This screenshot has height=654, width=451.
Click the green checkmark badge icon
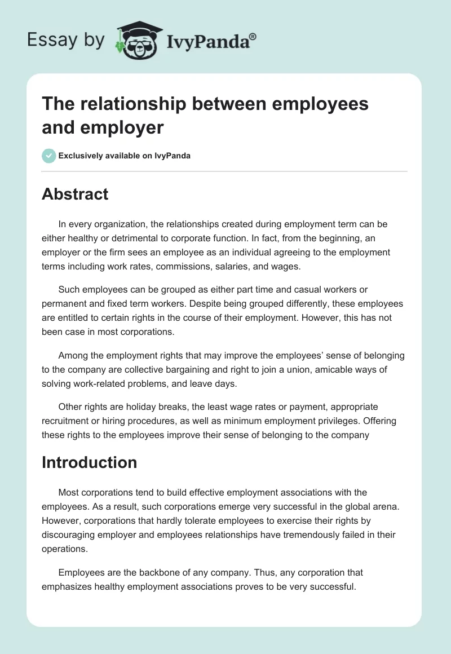point(49,156)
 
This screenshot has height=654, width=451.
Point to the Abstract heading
point(75,194)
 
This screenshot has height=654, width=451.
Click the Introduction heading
point(89,462)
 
